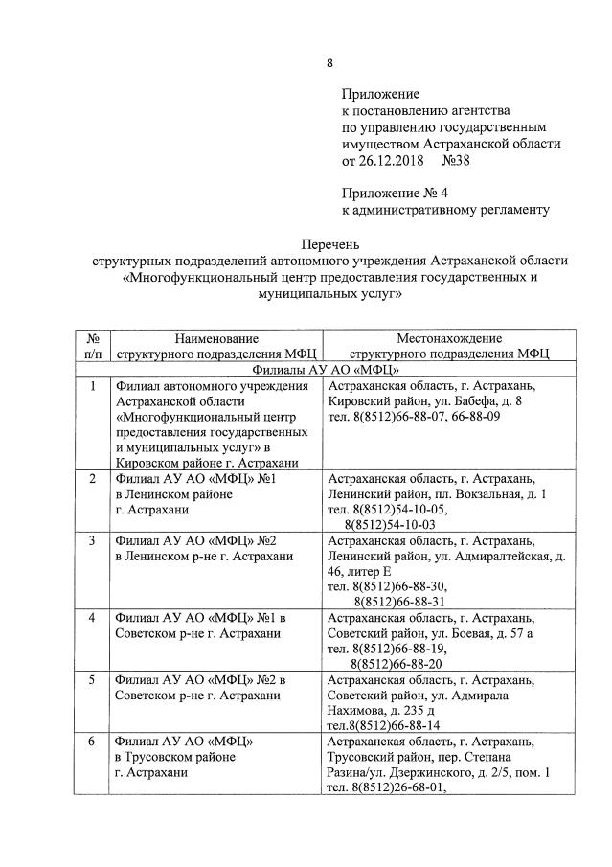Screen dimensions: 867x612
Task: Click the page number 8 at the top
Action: [330, 63]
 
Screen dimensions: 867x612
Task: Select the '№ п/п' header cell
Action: [93, 346]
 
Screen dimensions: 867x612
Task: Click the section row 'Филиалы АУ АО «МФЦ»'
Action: [325, 369]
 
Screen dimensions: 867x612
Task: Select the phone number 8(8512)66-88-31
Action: [397, 601]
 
